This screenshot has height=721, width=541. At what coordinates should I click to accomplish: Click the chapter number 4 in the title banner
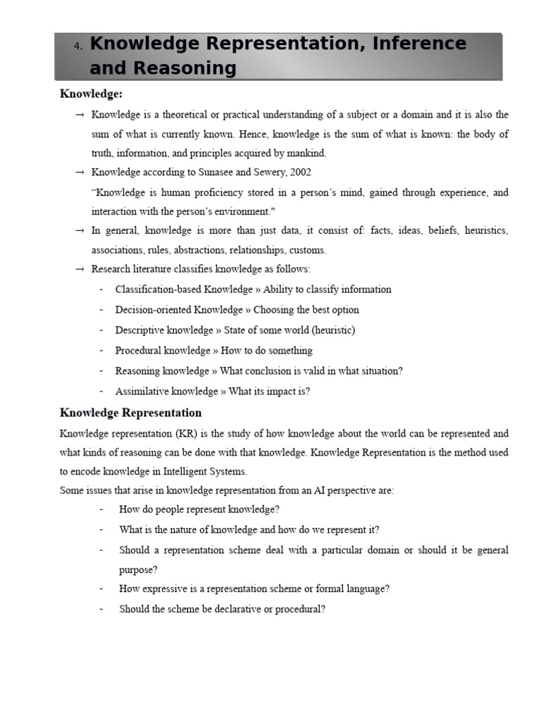click(77, 46)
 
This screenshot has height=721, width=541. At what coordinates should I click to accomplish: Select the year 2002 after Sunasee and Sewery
click(299, 172)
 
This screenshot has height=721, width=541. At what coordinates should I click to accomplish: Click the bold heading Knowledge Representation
click(130, 413)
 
